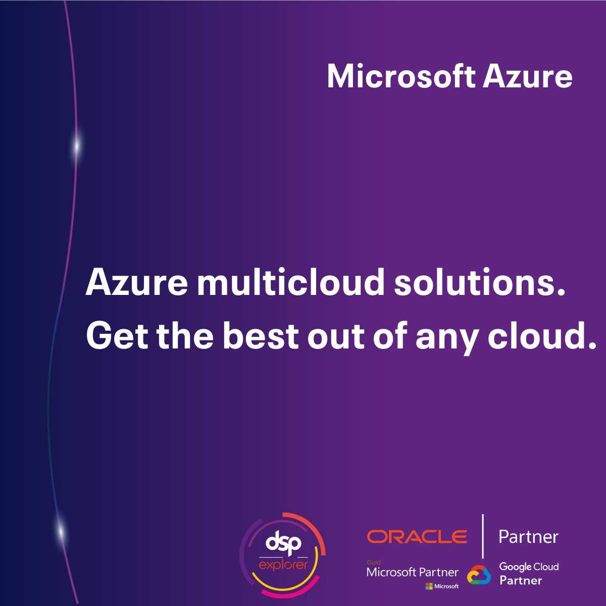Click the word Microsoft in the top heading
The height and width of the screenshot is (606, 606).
pos(401,77)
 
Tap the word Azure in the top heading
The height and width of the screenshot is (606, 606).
pos(527,77)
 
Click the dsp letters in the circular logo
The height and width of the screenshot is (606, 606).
pos(283,544)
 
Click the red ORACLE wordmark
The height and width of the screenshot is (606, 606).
pos(417,536)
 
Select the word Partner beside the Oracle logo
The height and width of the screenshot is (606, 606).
pos(528,536)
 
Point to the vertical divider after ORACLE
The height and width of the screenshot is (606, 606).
pos(483,536)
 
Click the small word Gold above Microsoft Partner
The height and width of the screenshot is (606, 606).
pos(374,562)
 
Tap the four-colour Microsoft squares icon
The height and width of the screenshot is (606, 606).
pos(429,586)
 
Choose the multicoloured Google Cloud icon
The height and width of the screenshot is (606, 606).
pos(479,575)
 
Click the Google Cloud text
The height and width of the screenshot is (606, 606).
pos(529,567)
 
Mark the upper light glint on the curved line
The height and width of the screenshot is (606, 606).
pos(77,145)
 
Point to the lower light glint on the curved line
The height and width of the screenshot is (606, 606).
pos(61,531)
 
